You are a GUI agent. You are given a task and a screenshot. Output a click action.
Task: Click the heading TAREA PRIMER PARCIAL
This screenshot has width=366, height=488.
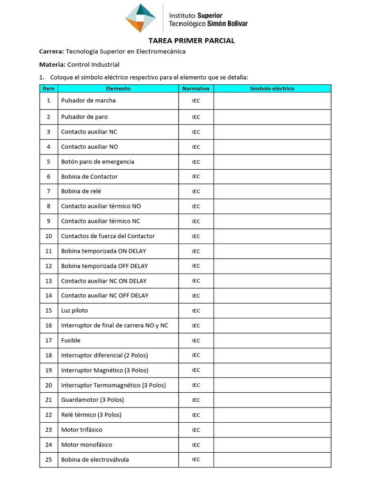click(192, 41)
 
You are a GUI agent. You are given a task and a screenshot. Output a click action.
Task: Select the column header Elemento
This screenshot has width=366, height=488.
click(118, 89)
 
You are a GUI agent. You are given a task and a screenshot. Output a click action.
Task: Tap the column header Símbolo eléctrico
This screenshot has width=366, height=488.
click(272, 89)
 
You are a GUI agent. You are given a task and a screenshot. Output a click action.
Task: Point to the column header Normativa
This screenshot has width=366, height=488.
click(196, 89)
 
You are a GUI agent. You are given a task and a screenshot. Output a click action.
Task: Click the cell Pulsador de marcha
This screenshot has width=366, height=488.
click(88, 101)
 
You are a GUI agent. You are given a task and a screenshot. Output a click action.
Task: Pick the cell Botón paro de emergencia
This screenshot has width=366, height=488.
click(98, 162)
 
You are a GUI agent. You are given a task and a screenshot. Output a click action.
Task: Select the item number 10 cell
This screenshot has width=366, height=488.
click(49, 236)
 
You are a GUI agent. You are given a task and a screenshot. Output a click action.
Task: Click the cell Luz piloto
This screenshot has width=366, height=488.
click(74, 310)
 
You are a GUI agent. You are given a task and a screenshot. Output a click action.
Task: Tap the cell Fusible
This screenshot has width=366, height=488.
click(71, 340)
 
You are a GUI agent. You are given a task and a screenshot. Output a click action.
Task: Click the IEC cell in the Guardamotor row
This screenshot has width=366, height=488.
click(196, 400)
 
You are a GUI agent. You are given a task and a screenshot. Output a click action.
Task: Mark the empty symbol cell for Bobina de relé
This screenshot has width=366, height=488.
click(272, 191)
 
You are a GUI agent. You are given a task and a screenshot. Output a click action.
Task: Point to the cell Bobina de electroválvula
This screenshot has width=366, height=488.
click(95, 459)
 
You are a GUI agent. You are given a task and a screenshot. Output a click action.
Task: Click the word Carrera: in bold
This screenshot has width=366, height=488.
click(51, 51)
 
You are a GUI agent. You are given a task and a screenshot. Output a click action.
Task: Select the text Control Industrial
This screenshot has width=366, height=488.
click(93, 64)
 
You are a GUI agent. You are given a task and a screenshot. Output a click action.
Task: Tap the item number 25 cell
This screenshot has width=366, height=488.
click(49, 459)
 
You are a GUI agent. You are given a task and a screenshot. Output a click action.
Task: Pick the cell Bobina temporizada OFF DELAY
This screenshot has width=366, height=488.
click(104, 266)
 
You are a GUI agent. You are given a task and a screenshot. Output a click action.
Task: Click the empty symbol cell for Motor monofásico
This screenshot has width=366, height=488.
click(272, 445)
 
